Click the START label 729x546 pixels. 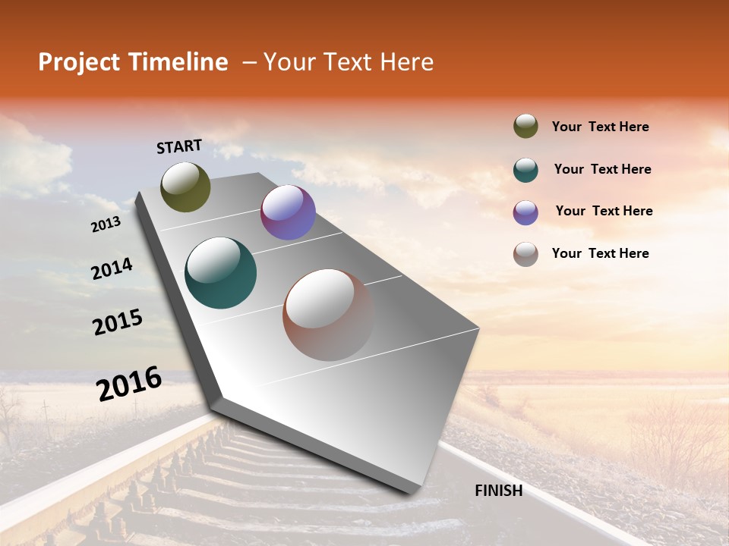pyautogui.click(x=179, y=146)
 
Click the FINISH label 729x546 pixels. pyautogui.click(x=498, y=491)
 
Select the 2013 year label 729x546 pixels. pyautogui.click(x=106, y=224)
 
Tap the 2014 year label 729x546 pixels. pyautogui.click(x=112, y=269)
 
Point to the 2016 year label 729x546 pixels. pyautogui.click(x=129, y=384)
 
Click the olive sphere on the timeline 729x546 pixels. pyautogui.click(x=185, y=187)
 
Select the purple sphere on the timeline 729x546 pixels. pyautogui.click(x=288, y=212)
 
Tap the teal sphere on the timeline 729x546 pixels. pyautogui.click(x=220, y=273)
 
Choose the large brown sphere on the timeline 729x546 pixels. pyautogui.click(x=328, y=315)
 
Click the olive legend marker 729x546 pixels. pyautogui.click(x=525, y=127)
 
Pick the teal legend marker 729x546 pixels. pyautogui.click(x=525, y=170)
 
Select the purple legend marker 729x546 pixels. pyautogui.click(x=525, y=212)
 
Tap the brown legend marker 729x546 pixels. pyautogui.click(x=525, y=254)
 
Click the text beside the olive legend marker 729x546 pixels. pyautogui.click(x=600, y=127)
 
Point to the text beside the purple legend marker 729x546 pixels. pyautogui.click(x=604, y=211)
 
